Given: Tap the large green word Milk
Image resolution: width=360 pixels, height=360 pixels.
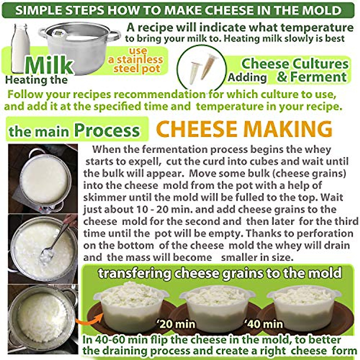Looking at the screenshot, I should pos(49,65).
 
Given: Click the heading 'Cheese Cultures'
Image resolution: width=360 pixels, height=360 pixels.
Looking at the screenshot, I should pos(295,64).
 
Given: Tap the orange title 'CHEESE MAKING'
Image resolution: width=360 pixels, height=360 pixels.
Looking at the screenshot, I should pos(244,129).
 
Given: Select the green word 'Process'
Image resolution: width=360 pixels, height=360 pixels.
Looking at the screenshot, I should pos(107,130).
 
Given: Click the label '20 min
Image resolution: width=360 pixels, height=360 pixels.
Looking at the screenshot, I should pos(175,324).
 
